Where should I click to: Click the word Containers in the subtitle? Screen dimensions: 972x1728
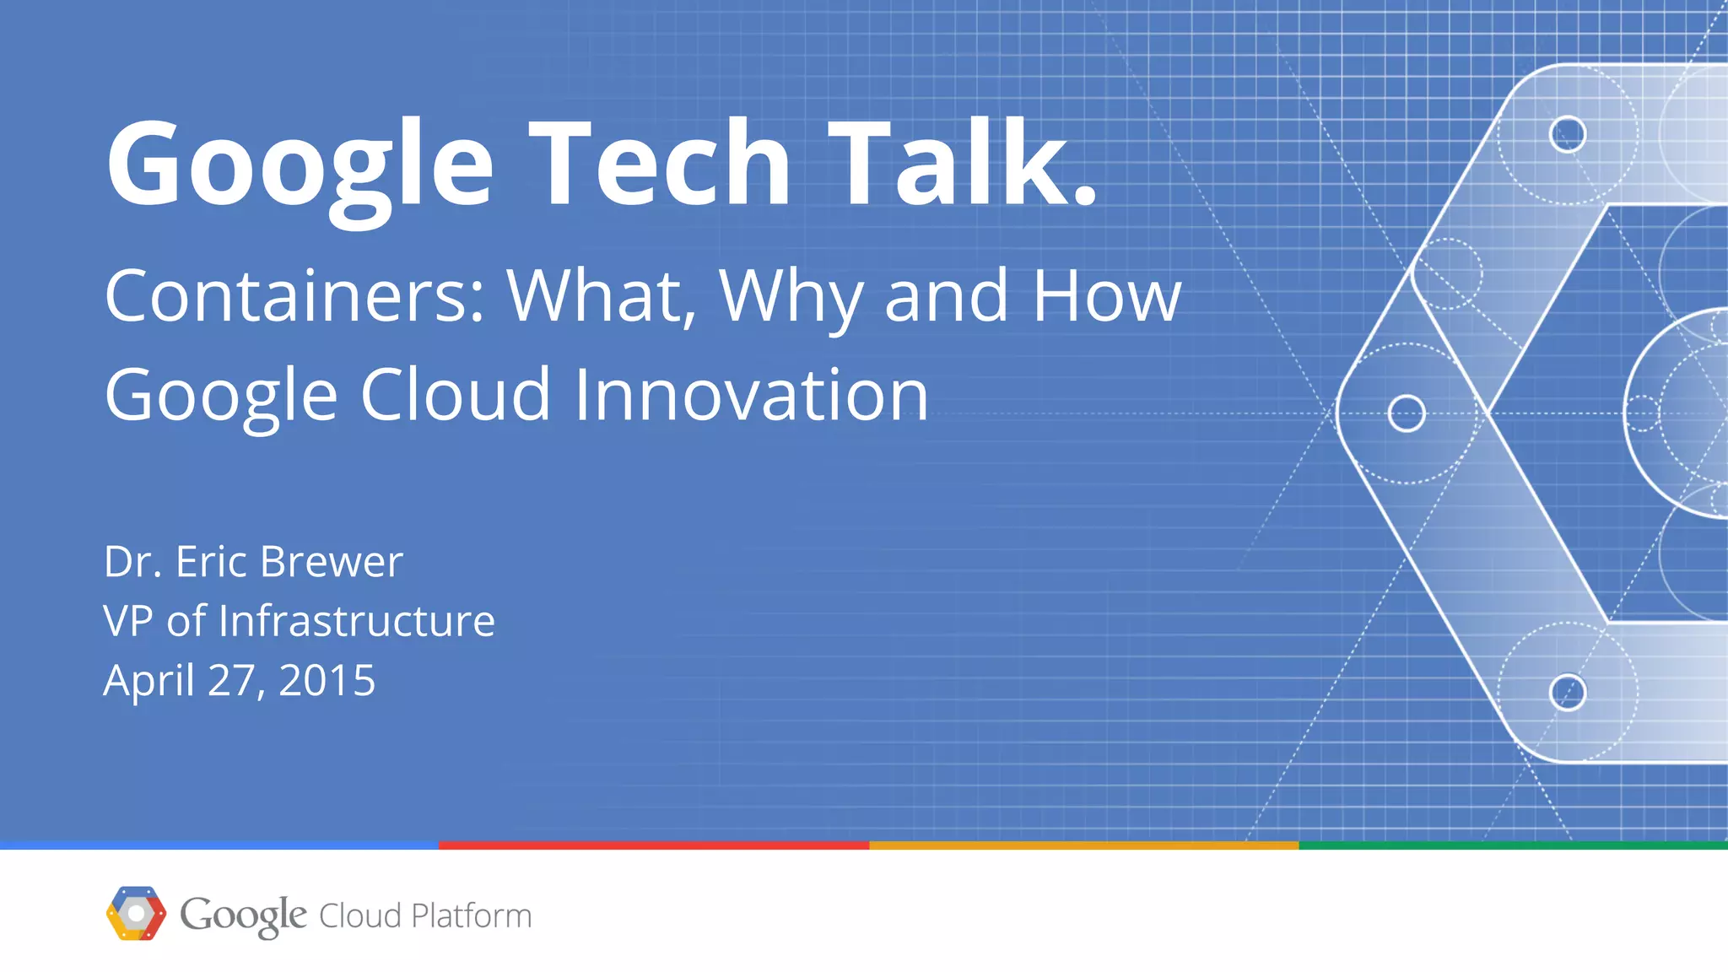tap(295, 295)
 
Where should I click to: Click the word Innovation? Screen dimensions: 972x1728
tap(751, 394)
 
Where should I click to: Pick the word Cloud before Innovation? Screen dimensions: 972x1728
tap(456, 394)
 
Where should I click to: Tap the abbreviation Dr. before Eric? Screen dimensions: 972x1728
tap(132, 561)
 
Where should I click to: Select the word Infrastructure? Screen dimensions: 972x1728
tap(356, 621)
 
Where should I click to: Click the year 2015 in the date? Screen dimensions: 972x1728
tap(327, 680)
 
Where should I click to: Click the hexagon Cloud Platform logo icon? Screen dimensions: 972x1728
tap(136, 914)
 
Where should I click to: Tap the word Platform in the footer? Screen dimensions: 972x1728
tap(471, 915)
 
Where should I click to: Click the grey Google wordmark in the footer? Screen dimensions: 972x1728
tap(243, 915)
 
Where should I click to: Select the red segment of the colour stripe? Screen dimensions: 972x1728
tap(654, 845)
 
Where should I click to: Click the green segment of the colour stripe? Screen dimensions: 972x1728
tap(1513, 845)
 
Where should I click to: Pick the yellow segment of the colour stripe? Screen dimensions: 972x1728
tap(1083, 845)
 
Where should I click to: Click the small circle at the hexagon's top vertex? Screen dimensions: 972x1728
tap(1568, 134)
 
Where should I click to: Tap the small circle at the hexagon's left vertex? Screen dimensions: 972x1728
tap(1407, 413)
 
